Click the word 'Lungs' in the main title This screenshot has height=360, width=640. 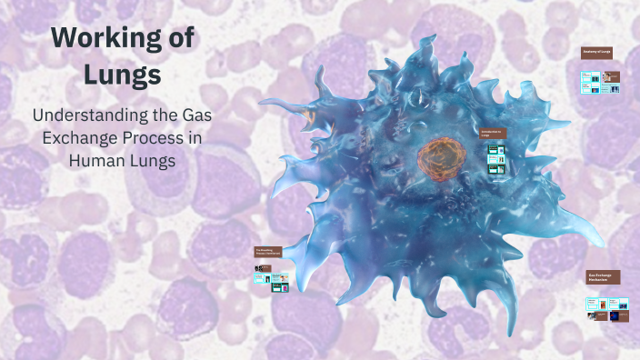[122, 75]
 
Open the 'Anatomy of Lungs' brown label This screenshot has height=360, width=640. [596, 52]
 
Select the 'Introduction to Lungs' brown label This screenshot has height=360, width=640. [492, 134]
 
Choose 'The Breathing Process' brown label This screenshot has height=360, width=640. [268, 252]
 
